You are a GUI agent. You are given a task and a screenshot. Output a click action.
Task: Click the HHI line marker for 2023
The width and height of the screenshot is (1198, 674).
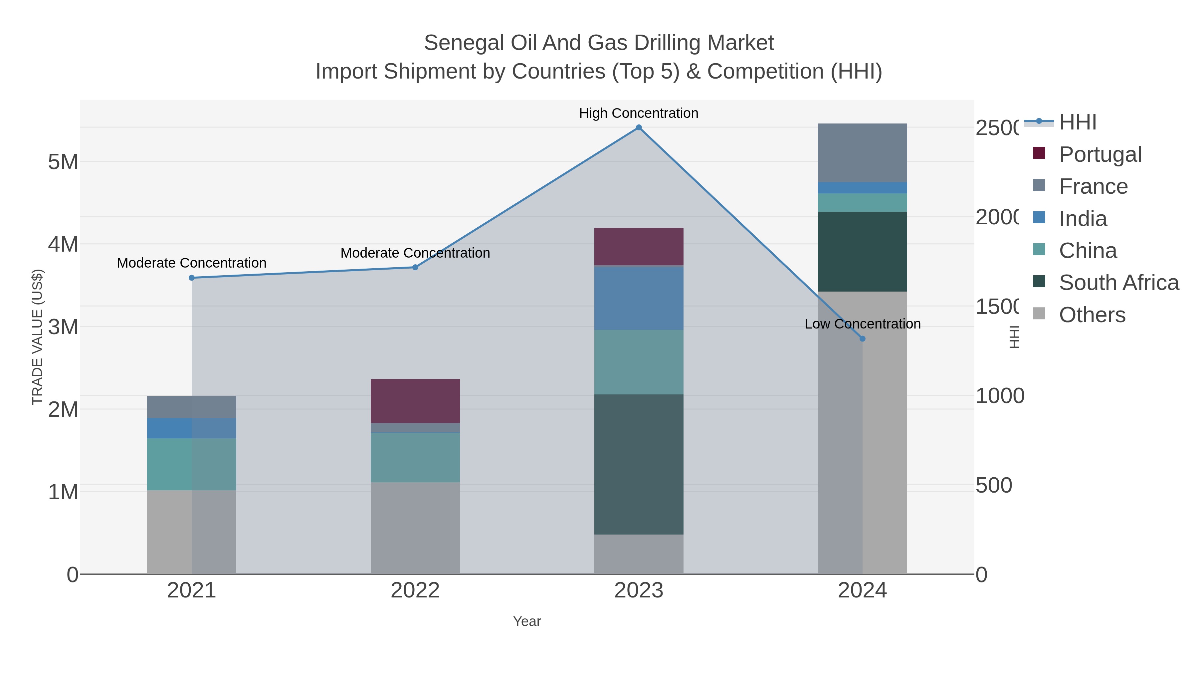[x=639, y=127]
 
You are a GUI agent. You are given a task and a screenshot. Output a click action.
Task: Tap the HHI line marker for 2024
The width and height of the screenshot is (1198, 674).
[x=862, y=338]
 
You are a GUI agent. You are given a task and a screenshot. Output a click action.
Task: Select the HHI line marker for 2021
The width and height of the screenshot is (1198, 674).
[x=192, y=278]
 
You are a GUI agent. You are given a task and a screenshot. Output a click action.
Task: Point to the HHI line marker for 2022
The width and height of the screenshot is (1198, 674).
[x=415, y=268]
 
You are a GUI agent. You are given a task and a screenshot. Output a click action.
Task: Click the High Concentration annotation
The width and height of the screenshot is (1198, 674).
[x=639, y=113]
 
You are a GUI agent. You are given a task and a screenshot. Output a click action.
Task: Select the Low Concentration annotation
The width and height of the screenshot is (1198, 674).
[x=862, y=324]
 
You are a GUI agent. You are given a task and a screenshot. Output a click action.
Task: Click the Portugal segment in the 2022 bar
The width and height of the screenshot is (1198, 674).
[x=415, y=401]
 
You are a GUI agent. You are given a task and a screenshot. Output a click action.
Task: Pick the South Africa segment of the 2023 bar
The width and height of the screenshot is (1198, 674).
[x=639, y=464]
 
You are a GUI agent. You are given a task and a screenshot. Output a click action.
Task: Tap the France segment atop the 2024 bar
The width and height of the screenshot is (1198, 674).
[x=862, y=152]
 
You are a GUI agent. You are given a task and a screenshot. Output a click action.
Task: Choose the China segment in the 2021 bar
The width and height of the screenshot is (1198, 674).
[x=192, y=464]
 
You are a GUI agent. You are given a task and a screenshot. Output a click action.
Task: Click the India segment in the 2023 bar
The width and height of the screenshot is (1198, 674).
[x=639, y=298]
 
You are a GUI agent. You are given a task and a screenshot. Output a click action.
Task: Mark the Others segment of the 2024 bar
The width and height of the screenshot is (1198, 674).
[x=862, y=433]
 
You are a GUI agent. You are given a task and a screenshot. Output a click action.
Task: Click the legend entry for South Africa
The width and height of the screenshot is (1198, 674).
[x=1118, y=282]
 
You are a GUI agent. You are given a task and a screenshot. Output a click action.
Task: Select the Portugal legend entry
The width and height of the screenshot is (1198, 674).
[x=1100, y=154]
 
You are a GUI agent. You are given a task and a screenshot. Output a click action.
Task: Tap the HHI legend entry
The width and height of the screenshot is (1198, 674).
[x=1078, y=122]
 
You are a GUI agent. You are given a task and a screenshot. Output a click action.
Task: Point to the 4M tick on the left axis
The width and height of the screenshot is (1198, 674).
[x=63, y=244]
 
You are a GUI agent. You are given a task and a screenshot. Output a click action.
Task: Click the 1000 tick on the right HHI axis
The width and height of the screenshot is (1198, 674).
[x=999, y=396]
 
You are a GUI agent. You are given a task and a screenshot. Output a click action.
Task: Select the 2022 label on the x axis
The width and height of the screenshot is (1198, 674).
[x=415, y=590]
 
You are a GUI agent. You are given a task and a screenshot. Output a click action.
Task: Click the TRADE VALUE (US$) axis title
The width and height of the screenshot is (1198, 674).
[x=37, y=337]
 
